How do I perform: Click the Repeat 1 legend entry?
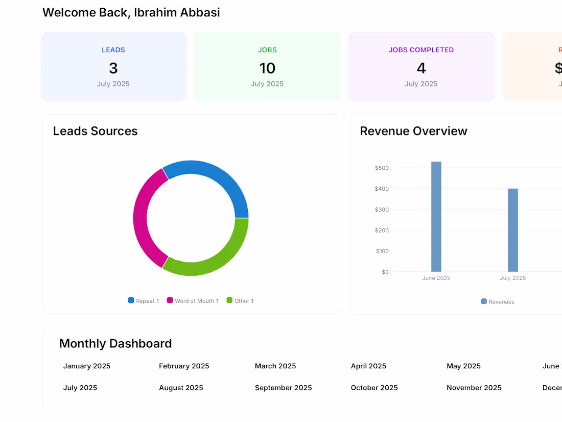pyautogui.click(x=144, y=301)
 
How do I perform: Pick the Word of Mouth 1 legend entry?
pyautogui.click(x=193, y=301)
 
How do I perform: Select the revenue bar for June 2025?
pyautogui.click(x=436, y=217)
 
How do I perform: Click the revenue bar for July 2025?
pyautogui.click(x=512, y=230)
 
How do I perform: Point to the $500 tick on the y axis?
pyautogui.click(x=382, y=168)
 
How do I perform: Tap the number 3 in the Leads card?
pyautogui.click(x=113, y=68)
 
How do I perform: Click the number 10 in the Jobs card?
pyautogui.click(x=267, y=68)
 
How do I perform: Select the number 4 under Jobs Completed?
pyautogui.click(x=421, y=68)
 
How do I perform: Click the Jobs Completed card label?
pyautogui.click(x=421, y=50)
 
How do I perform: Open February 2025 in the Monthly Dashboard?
pyautogui.click(x=184, y=366)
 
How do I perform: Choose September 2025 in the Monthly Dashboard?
pyautogui.click(x=283, y=388)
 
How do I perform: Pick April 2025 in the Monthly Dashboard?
pyautogui.click(x=368, y=366)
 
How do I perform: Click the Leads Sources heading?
pyautogui.click(x=96, y=131)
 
